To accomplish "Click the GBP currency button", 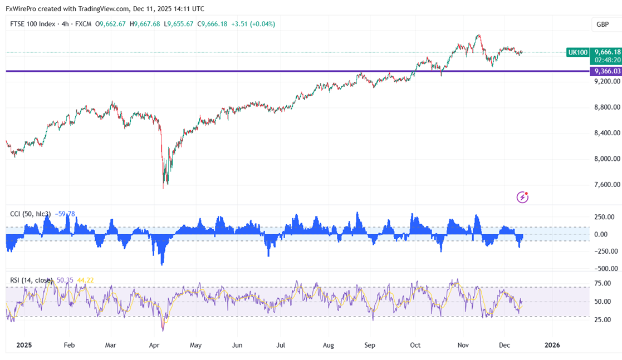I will [602, 24].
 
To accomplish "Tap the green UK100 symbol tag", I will [577, 52].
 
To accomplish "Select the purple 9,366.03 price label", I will [607, 71].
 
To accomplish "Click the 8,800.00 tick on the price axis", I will [607, 107].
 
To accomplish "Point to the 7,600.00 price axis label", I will [607, 185].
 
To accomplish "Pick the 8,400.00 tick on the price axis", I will [607, 133].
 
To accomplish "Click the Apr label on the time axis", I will [155, 345].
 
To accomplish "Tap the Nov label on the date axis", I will [462, 345].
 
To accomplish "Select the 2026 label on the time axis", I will [552, 345].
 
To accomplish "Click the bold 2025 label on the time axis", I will [25, 345].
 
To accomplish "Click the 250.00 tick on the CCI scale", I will [605, 217].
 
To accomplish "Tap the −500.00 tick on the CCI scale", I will [604, 269].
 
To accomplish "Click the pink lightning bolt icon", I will [522, 196].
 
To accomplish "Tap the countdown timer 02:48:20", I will [607, 59].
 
